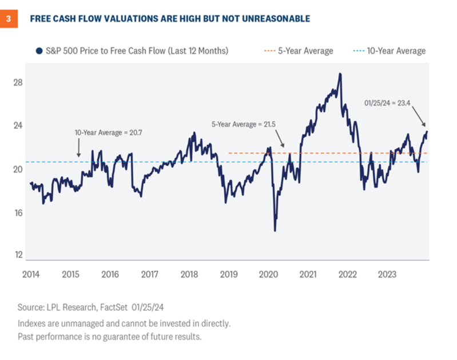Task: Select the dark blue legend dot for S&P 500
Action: [39, 51]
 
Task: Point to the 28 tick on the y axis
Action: [18, 82]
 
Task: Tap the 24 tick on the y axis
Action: [18, 126]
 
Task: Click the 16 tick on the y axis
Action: [18, 213]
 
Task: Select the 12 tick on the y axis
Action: [18, 255]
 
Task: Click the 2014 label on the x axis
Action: [31, 274]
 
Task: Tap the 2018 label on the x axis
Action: [189, 274]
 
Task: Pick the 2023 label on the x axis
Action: [386, 274]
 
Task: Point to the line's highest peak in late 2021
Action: [340, 73]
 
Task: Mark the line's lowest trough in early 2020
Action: [275, 231]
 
